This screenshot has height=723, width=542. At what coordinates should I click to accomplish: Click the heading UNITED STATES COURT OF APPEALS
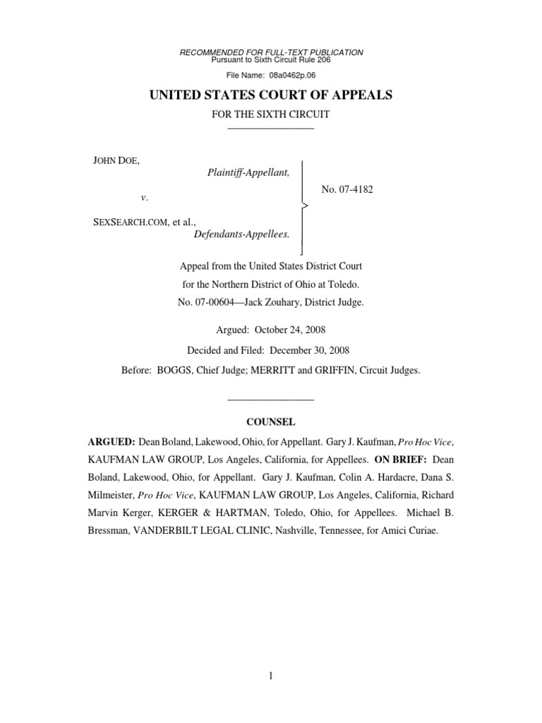coord(271,95)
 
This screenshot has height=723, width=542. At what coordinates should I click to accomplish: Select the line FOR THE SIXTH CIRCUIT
coord(271,114)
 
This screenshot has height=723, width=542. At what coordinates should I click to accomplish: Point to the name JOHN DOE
coord(116,162)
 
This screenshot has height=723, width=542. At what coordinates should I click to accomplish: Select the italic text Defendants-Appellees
coord(242,234)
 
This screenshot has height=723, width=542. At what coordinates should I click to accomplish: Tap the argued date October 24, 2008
coord(294,330)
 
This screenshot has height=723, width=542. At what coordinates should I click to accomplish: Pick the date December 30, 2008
coord(313,350)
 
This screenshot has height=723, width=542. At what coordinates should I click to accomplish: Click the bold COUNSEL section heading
coord(270,422)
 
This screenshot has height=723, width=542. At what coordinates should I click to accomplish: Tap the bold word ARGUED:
coord(111,442)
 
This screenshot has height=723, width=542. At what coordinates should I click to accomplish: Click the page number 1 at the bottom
coord(271,676)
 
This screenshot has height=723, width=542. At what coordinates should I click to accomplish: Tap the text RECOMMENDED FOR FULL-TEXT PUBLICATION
coord(272,52)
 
